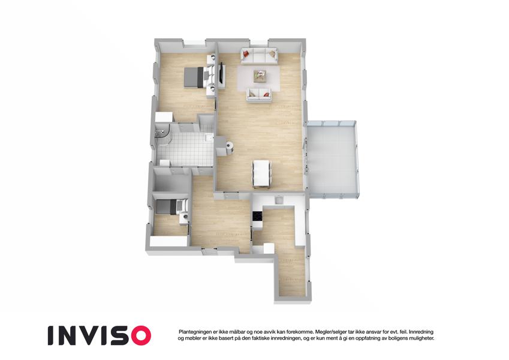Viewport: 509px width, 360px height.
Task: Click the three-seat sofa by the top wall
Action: coord(259,56)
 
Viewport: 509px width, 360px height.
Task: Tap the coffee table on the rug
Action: coord(260,76)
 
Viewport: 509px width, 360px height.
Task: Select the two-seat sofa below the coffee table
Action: coord(259,95)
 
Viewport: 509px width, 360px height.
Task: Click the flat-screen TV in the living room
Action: coord(222,76)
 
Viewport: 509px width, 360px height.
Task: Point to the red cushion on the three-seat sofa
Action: coord(246,53)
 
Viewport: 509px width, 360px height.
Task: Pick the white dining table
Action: coord(261,174)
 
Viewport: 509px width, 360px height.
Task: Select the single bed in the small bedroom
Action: coord(171,206)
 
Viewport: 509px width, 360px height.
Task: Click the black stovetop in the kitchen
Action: coord(257,217)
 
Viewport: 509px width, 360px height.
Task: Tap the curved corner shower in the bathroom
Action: coord(164,134)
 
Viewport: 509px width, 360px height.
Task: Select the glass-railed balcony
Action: coord(332,159)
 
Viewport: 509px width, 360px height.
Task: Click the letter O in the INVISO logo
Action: coord(139,335)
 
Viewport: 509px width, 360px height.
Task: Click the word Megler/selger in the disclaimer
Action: coord(328,332)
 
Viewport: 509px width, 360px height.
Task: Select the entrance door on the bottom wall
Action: coord(209,250)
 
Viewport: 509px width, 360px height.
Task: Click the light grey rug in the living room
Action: coord(259,79)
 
